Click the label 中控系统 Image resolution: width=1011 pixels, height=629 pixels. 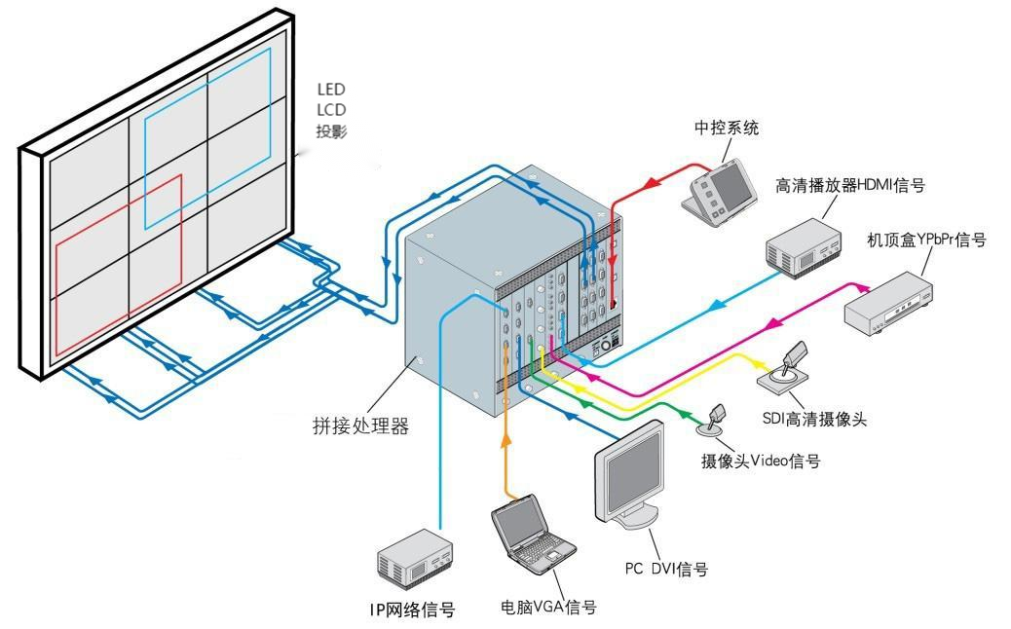726,129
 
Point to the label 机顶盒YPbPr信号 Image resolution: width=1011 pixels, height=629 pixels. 926,240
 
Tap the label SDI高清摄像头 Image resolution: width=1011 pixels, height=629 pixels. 814,420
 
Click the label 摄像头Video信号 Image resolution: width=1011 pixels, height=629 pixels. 761,461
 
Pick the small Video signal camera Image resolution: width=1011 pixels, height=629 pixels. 716,420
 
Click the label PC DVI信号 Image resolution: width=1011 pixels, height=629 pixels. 666,569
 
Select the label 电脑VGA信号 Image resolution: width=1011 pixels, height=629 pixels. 548,607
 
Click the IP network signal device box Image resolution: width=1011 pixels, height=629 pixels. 415,560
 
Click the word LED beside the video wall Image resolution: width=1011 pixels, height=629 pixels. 331,90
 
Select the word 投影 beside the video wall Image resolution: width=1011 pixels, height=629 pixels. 331,131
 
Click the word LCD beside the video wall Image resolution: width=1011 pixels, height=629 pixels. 331,110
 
